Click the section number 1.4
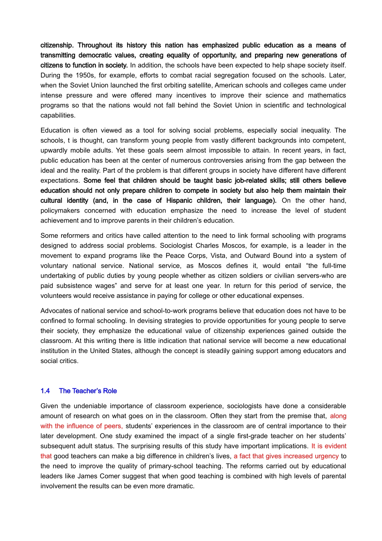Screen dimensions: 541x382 (x=45, y=391)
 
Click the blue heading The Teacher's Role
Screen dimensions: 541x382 (x=88, y=391)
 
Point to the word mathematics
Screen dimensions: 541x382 (x=327, y=95)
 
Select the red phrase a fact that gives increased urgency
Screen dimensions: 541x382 (x=286, y=456)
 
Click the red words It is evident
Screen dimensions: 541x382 (x=329, y=446)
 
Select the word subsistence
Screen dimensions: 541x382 (x=74, y=286)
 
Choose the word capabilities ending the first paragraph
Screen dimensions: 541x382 (x=58, y=116)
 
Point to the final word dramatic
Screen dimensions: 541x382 (x=180, y=486)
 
